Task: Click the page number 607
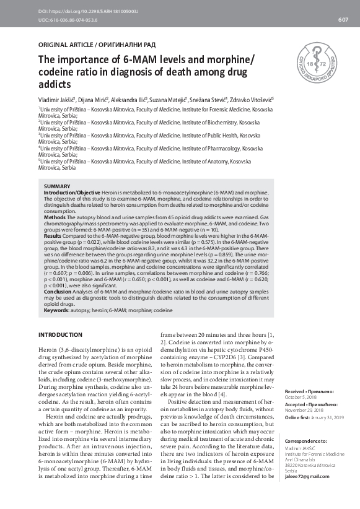(343, 20)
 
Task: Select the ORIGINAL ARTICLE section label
(97, 45)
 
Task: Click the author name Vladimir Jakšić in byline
(57, 100)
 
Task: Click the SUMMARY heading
(56, 186)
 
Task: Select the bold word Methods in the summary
(55, 219)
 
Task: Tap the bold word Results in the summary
(53, 236)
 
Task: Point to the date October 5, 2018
(300, 398)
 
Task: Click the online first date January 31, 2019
(325, 417)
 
